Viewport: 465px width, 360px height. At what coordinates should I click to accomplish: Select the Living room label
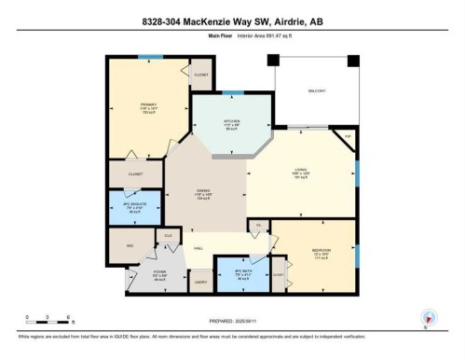(x=300, y=169)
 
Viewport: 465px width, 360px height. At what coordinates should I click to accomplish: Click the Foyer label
(x=159, y=272)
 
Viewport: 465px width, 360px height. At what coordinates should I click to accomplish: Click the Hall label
(x=198, y=248)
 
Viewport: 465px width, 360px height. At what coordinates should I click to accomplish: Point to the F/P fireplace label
(x=348, y=138)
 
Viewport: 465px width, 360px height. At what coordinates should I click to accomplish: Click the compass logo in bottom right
(x=428, y=317)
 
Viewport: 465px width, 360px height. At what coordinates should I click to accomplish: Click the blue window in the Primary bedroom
(x=144, y=58)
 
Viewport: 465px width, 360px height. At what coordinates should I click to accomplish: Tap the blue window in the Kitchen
(x=227, y=93)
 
